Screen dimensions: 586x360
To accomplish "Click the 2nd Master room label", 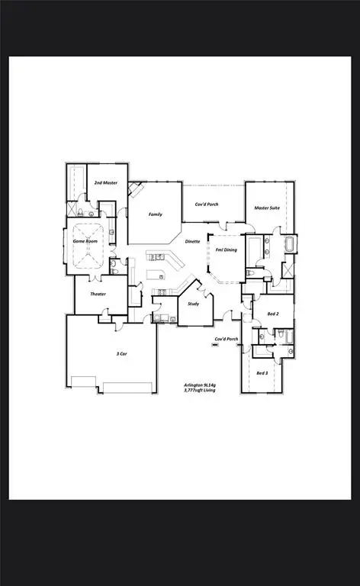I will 105,184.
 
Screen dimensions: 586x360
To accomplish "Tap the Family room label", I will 155,215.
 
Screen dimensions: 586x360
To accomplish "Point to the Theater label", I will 97,294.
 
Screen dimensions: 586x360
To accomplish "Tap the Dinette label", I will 193,241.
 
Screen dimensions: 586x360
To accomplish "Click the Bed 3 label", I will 262,372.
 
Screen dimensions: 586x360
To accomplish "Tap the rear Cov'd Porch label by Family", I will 208,204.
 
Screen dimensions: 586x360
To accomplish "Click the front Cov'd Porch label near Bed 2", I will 226,338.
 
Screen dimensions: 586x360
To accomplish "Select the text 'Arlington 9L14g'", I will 200,385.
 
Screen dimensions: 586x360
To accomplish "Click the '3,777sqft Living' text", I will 200,391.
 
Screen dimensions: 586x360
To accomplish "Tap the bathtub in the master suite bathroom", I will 290,245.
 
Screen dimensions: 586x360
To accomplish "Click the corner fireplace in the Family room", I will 135,189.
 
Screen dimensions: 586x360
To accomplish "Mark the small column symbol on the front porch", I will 215,346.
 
